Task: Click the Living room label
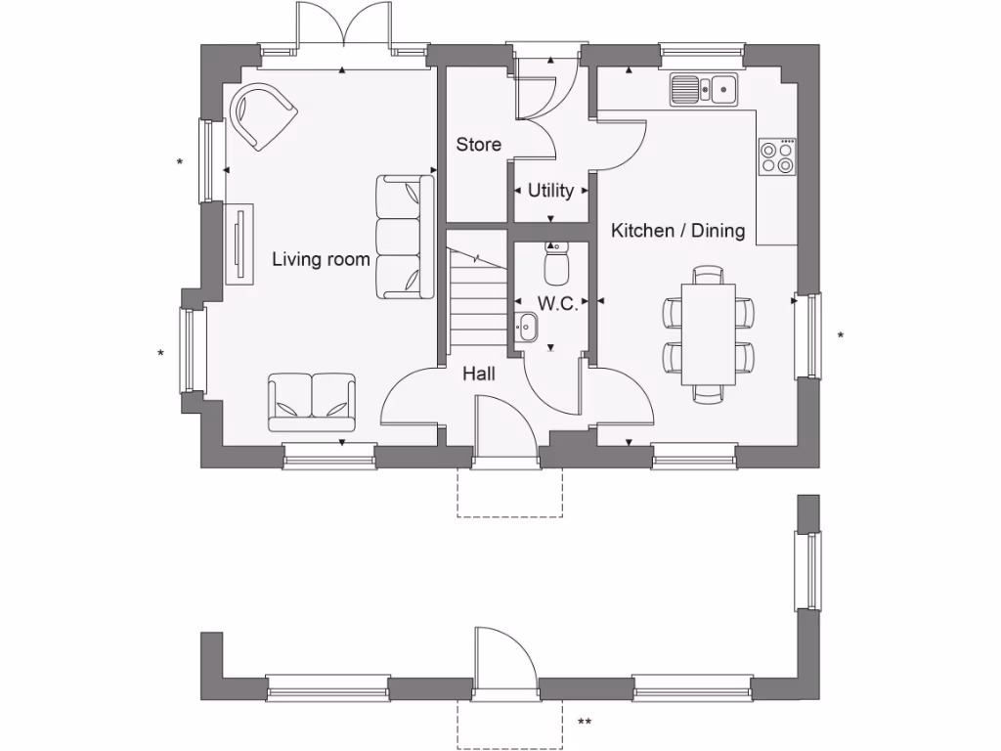coord(321,259)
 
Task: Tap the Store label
coord(479,145)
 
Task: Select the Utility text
coord(550,191)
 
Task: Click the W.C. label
coord(557,304)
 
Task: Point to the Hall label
coord(479,374)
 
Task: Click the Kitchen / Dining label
coord(677,231)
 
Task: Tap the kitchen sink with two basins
coord(703,90)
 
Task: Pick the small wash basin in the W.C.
coord(527,327)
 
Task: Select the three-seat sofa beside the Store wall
coord(405,237)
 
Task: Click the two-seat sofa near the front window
coord(311,402)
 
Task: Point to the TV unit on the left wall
coord(239,243)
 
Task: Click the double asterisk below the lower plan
coord(585,723)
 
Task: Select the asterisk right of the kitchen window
coord(840,335)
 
